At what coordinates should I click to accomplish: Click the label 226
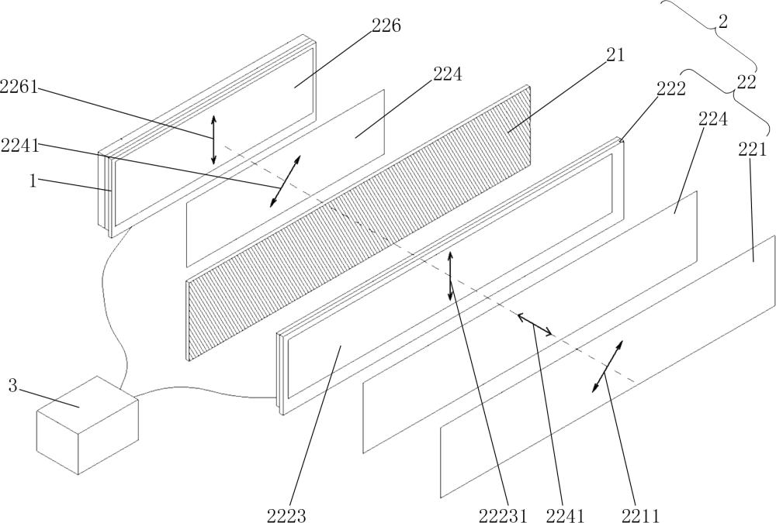386,26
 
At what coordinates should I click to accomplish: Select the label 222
670,88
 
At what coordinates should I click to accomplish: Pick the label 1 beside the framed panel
33,181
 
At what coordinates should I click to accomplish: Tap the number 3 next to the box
12,385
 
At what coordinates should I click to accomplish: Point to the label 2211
638,514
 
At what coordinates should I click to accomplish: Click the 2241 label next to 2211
565,514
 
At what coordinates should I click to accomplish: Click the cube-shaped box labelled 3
88,425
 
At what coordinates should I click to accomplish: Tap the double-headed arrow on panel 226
214,139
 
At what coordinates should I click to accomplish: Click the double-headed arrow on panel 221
607,366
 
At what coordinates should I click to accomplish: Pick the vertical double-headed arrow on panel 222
450,276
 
